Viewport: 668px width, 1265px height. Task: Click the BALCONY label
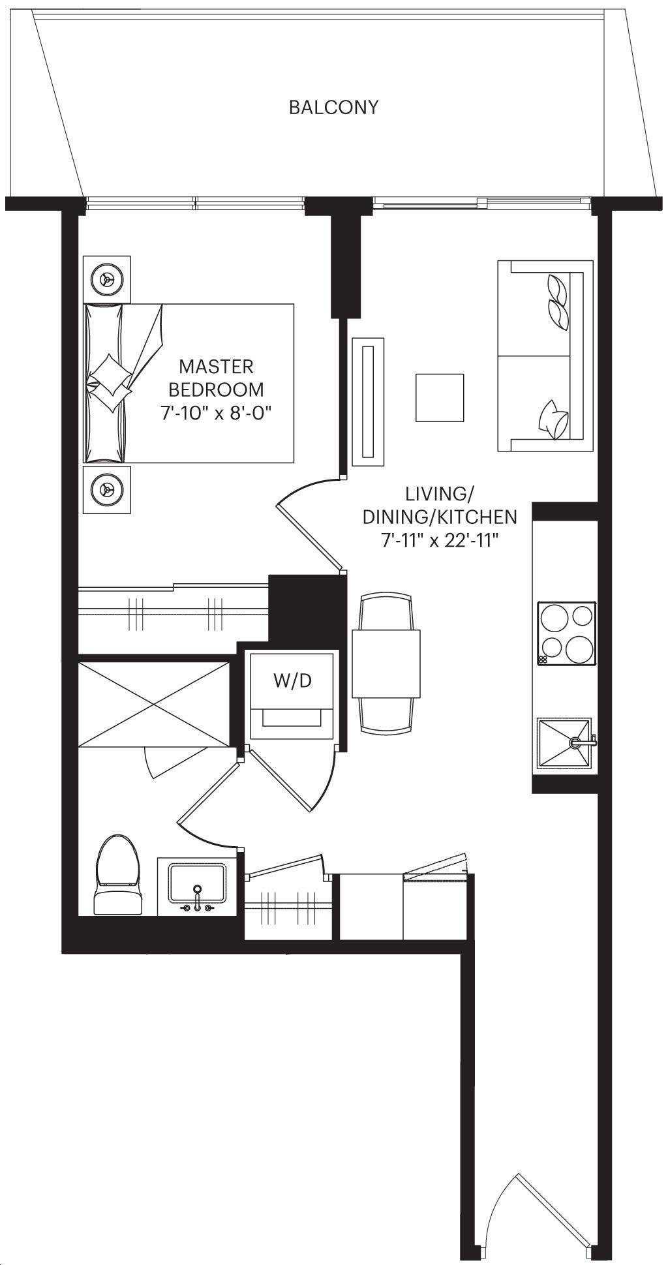333,107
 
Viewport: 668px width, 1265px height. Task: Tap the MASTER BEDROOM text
216,378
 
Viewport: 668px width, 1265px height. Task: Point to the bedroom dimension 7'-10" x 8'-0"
216,412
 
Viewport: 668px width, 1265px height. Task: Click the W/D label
292,681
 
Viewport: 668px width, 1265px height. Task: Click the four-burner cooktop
566,633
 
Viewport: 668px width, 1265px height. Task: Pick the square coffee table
440,397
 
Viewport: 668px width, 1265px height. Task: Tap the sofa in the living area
545,356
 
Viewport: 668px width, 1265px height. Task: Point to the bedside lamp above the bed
106,279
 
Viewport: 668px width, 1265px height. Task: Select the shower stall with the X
154,704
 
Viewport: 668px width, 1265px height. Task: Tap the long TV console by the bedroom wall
368,401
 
